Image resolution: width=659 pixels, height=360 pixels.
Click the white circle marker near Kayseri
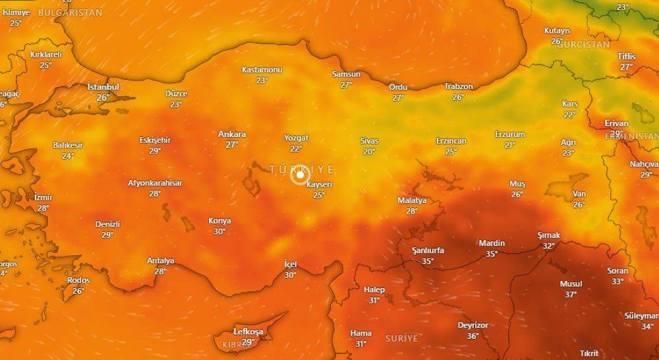point(300,175)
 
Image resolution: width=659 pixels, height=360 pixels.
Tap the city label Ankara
point(232,135)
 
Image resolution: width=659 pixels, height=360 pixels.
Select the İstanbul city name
point(103,87)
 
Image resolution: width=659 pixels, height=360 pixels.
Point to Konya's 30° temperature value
point(219,231)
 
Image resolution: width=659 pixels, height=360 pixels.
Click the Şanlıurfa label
point(428,251)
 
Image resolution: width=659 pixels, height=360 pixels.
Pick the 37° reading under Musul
point(571,294)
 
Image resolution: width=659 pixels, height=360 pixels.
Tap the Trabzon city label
point(458,86)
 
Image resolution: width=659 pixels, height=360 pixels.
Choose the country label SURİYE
point(402,338)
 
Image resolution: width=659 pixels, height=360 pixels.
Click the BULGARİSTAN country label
point(70,13)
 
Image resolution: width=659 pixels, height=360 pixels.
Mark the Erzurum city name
point(510,135)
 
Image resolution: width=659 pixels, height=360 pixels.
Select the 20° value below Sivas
point(369,152)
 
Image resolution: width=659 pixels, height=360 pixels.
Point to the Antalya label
point(160,260)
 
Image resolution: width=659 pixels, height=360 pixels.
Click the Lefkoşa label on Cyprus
point(248,332)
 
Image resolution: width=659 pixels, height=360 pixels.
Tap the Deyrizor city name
point(473,325)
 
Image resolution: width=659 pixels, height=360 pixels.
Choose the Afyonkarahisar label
point(155,183)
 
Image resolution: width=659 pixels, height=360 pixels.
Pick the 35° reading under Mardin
point(492,254)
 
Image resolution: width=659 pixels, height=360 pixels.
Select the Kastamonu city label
point(262,70)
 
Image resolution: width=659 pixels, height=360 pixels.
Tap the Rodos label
point(78,280)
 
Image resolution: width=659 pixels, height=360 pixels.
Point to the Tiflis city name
point(627,56)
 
